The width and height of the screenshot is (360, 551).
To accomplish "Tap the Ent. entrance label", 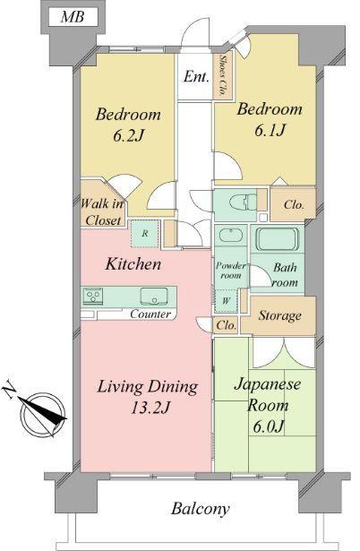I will pyautogui.click(x=196, y=78).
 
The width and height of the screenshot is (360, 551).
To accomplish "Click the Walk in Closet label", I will pyautogui.click(x=102, y=211).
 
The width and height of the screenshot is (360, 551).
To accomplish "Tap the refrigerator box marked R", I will pyautogui.click(x=144, y=234).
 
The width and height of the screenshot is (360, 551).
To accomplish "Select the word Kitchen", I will pyautogui.click(x=133, y=264).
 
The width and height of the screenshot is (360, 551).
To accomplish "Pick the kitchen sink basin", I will pyautogui.click(x=150, y=296).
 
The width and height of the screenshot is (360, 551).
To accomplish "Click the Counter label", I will pyautogui.click(x=150, y=314).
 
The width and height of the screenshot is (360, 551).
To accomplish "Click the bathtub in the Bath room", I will pyautogui.click(x=280, y=239).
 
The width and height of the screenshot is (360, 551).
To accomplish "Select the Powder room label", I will pyautogui.click(x=230, y=271).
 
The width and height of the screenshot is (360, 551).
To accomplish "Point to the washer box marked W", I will pyautogui.click(x=227, y=300).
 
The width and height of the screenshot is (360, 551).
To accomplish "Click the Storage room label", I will pyautogui.click(x=279, y=316).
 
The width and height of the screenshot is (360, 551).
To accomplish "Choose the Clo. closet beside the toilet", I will pyautogui.click(x=293, y=204).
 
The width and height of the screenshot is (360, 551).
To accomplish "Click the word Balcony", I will pyautogui.click(x=201, y=509).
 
